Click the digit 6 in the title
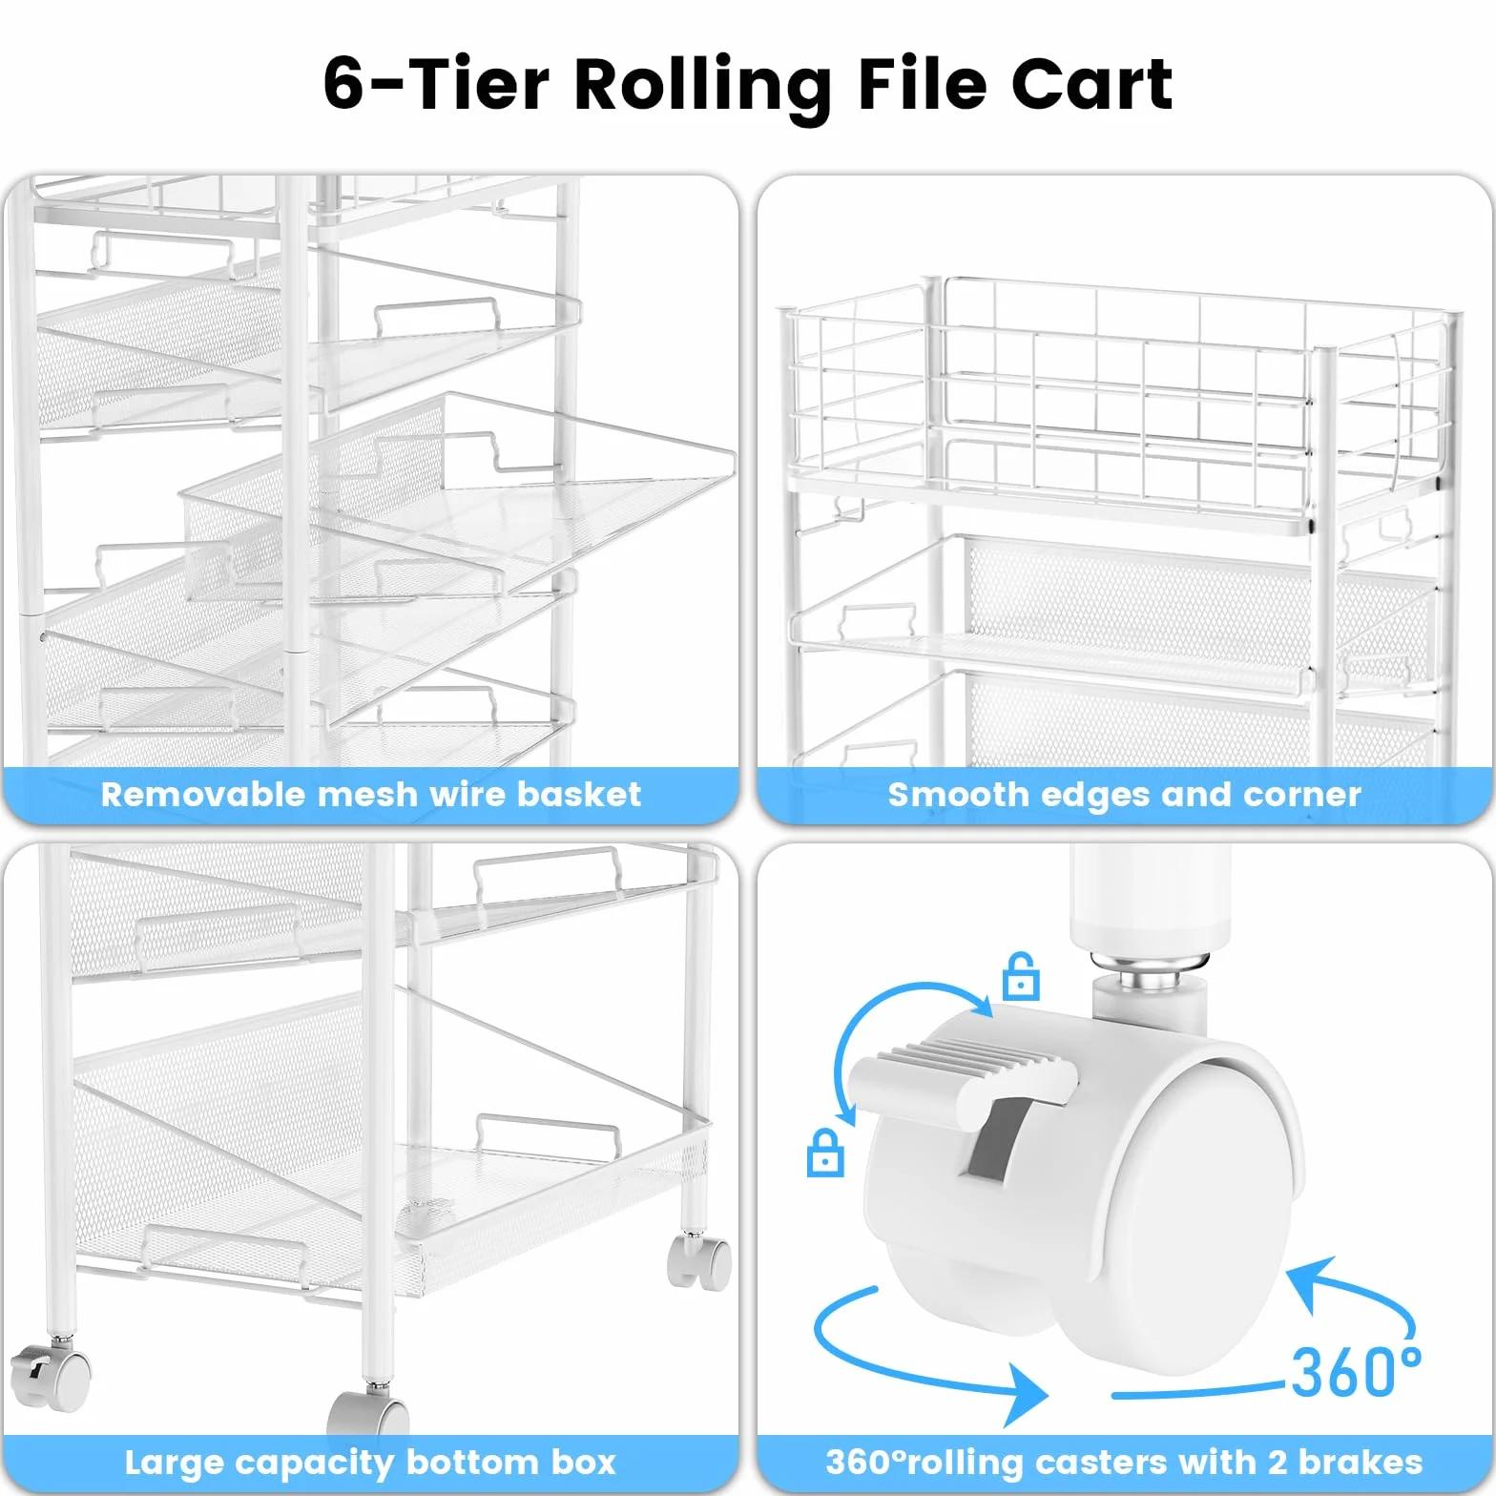(343, 84)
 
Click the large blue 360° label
(1356, 1372)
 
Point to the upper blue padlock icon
(1020, 976)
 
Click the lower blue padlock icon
(824, 1153)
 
